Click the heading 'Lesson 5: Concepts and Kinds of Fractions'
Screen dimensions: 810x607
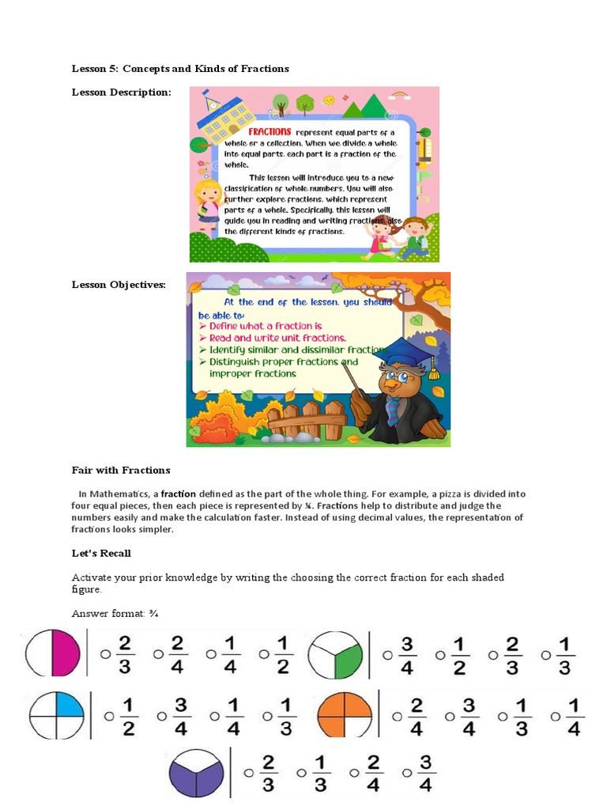click(x=180, y=69)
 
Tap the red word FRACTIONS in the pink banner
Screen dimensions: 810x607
click(x=270, y=131)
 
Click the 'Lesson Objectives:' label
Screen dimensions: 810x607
click(x=119, y=285)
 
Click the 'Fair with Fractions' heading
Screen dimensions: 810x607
click(x=121, y=470)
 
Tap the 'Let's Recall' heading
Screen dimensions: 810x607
click(x=101, y=553)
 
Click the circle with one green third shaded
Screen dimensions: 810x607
click(x=335, y=656)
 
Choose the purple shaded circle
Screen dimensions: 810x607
click(x=197, y=773)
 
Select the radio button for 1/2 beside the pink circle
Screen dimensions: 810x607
click(x=263, y=654)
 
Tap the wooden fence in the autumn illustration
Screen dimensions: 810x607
click(x=312, y=418)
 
